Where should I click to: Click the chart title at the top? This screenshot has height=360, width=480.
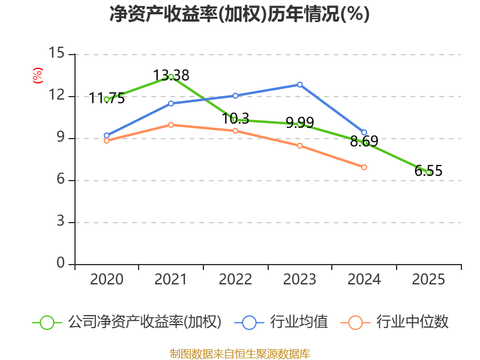point(239,14)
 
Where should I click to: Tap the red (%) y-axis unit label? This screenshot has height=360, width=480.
point(37,76)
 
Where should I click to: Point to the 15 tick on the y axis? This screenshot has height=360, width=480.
point(56,53)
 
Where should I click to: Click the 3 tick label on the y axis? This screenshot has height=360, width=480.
point(61,221)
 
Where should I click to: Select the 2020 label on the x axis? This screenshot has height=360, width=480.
point(107,280)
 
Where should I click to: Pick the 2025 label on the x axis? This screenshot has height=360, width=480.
point(428,280)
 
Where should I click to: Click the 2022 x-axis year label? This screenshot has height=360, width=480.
point(235,280)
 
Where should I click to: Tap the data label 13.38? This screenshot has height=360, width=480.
point(171,76)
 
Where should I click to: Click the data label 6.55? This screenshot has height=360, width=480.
point(428,171)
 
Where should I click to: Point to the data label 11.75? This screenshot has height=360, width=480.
point(107,98)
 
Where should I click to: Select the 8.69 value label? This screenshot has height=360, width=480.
point(364,142)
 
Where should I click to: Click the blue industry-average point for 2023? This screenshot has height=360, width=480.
point(299,85)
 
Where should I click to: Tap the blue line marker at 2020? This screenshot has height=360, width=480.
point(107,136)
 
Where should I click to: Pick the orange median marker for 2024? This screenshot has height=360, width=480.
point(364,167)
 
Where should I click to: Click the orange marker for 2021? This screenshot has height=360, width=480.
point(171,125)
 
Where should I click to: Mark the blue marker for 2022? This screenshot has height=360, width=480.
point(235,96)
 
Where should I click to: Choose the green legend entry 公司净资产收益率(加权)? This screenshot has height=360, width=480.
point(127,322)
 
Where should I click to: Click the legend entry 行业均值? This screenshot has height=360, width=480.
point(281,322)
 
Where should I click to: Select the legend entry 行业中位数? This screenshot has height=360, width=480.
point(395,322)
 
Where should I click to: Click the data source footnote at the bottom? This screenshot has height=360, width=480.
point(240,354)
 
